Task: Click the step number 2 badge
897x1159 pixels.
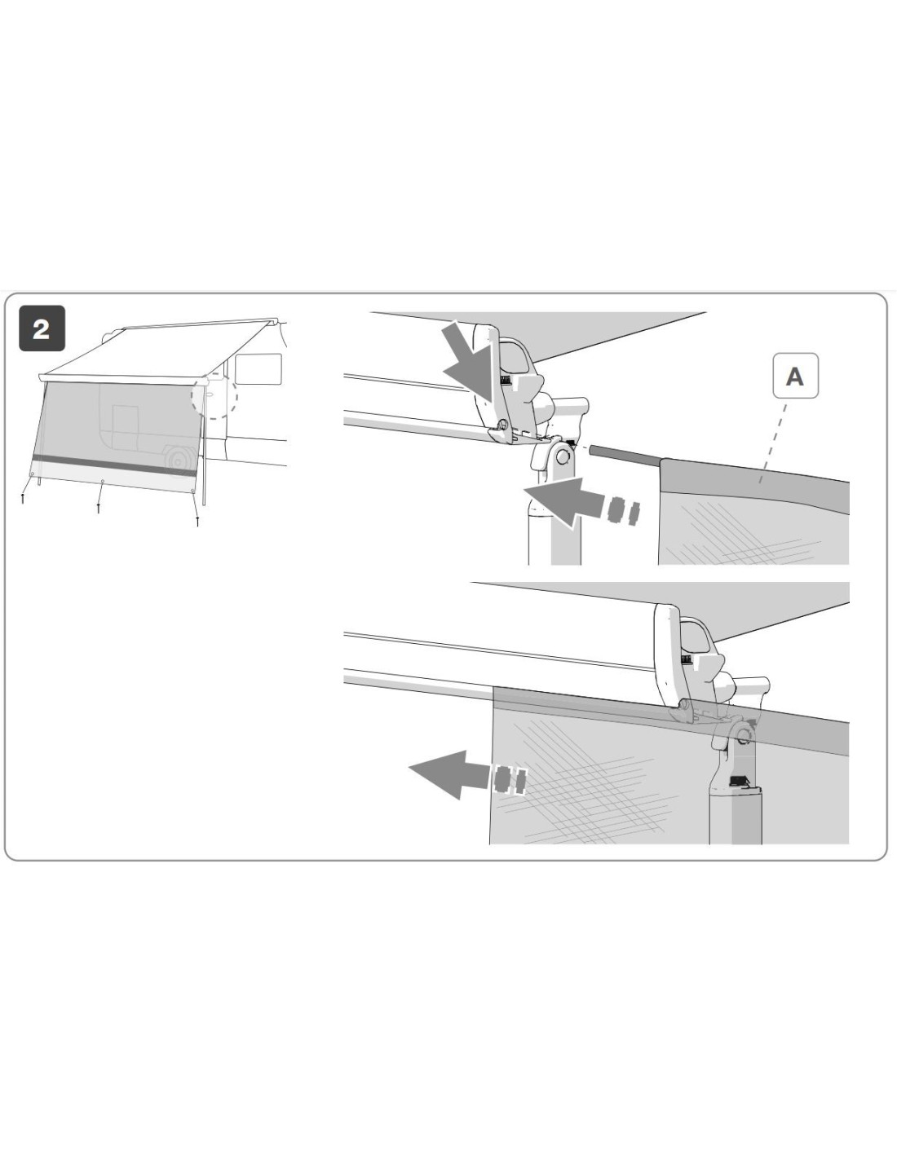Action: tap(42, 328)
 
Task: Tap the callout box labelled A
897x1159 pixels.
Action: tap(794, 376)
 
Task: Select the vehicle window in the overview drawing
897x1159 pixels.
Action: tap(258, 368)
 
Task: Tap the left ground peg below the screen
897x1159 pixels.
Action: tap(22, 498)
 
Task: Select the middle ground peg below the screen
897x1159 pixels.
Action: tap(99, 508)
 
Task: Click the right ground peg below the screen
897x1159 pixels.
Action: tap(197, 521)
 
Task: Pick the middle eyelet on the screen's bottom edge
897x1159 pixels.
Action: tap(102, 481)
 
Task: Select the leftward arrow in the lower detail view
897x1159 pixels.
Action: tap(467, 780)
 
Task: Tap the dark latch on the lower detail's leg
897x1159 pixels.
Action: tap(738, 781)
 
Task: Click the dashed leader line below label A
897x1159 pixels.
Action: tap(773, 443)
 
